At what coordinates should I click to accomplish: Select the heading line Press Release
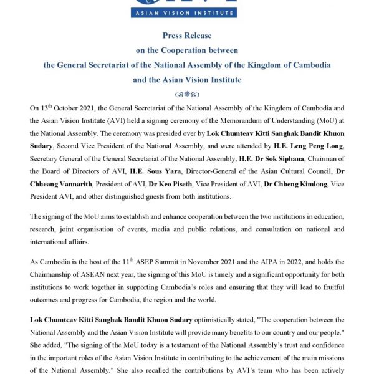tap(186, 36)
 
